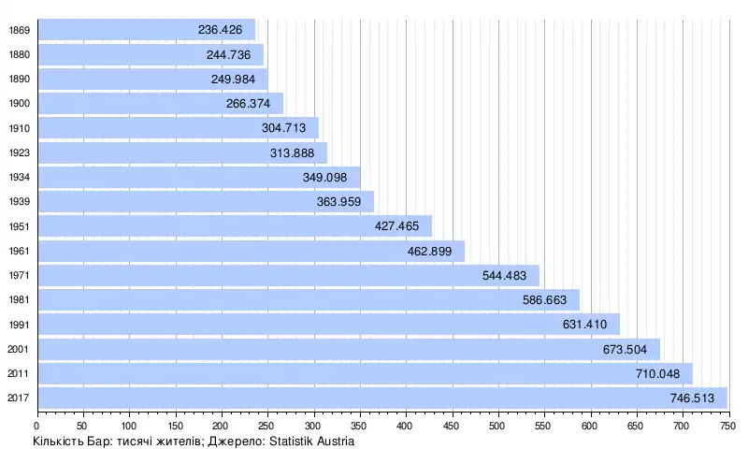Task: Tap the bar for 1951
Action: point(234,225)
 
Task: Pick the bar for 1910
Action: point(178,128)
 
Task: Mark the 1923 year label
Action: point(18,152)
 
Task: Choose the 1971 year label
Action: point(18,276)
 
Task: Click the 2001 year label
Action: point(18,350)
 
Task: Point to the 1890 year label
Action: point(18,79)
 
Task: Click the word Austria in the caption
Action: point(333,442)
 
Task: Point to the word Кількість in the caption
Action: point(60,442)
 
